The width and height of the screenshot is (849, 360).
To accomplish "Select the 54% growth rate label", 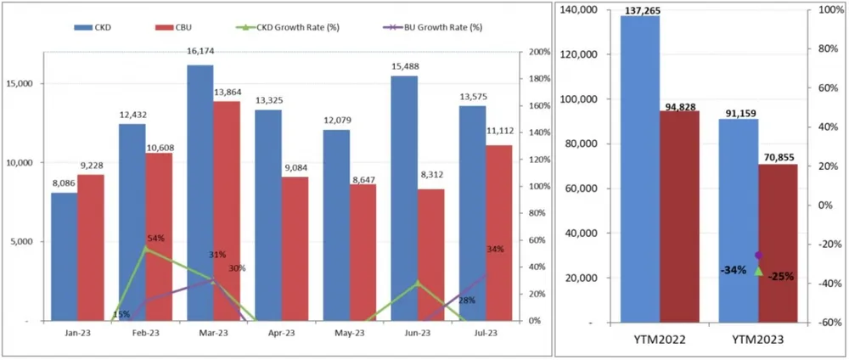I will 155,239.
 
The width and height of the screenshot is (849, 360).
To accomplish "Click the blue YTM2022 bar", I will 639,169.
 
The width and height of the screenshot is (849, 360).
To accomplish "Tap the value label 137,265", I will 640,10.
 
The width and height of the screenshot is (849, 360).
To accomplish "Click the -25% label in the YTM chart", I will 780,276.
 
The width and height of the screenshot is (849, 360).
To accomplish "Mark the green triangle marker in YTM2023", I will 758,270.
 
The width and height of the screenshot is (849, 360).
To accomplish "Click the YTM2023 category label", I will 757,340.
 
